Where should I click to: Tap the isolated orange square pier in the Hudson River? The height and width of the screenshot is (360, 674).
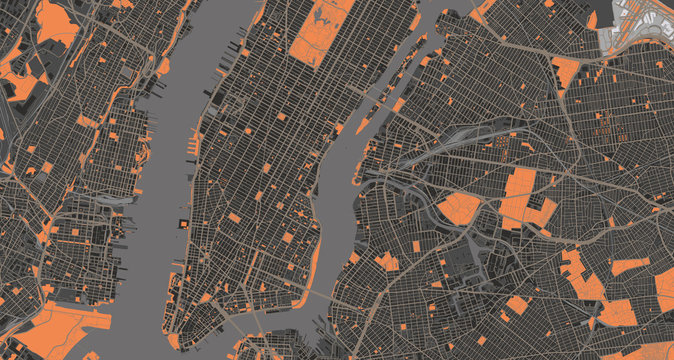182,222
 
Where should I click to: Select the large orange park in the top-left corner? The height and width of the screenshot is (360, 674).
55,25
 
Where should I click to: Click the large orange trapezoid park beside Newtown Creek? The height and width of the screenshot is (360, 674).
460,208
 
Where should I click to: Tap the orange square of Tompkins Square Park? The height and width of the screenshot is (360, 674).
288,238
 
